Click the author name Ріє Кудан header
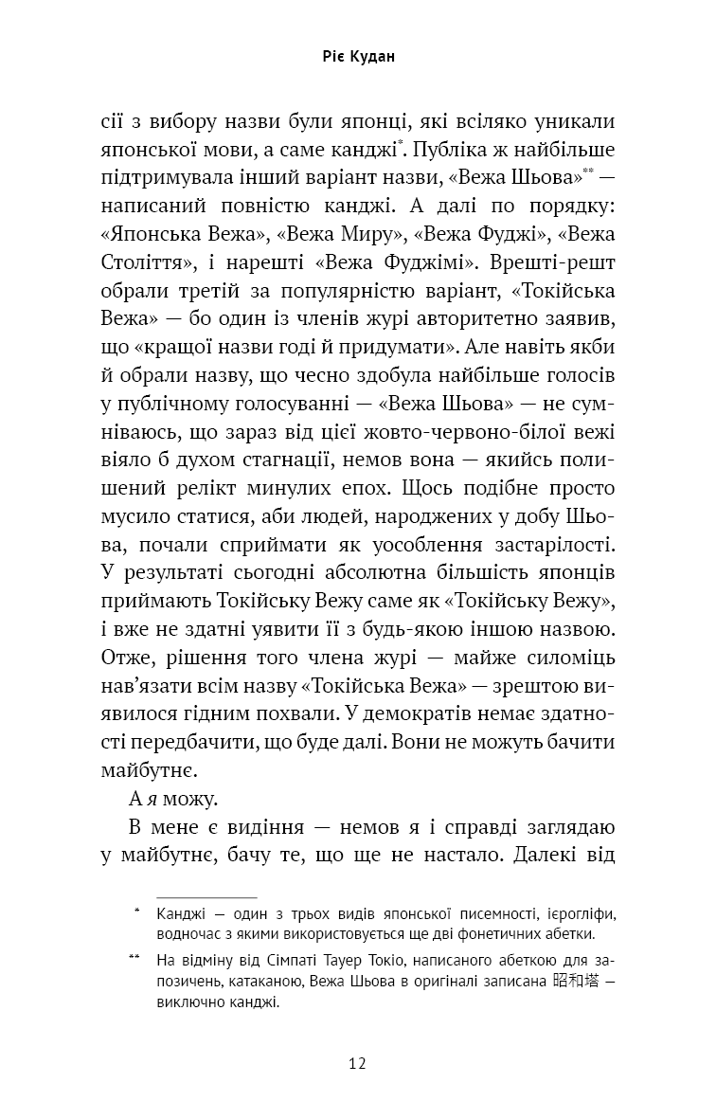[x=357, y=57]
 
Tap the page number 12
[x=357, y=1062]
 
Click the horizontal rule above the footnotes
[x=206, y=897]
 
